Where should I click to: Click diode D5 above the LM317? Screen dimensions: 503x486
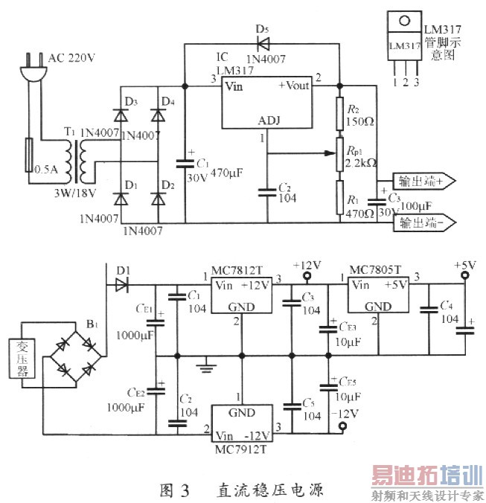click(261, 44)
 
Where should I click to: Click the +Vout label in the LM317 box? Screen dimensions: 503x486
click(294, 86)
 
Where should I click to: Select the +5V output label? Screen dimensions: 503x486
click(464, 265)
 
